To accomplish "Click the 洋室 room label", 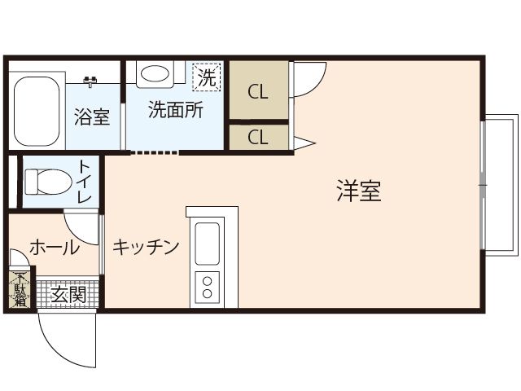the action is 359,191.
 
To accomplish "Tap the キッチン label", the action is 146,247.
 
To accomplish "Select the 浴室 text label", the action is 92,116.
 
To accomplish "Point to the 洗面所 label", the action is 176,109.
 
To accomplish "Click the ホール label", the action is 55,248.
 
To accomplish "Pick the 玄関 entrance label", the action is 68,295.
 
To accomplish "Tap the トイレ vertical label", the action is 85,182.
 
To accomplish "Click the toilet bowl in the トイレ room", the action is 49,182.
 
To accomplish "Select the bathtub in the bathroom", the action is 37,112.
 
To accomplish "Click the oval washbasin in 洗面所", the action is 155,73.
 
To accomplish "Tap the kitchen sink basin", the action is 207,244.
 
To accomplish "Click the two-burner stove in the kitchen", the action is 207,288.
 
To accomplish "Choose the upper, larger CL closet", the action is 259,90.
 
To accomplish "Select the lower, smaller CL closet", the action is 259,138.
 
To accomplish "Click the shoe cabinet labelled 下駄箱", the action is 20,290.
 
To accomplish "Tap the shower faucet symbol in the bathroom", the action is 90,81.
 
